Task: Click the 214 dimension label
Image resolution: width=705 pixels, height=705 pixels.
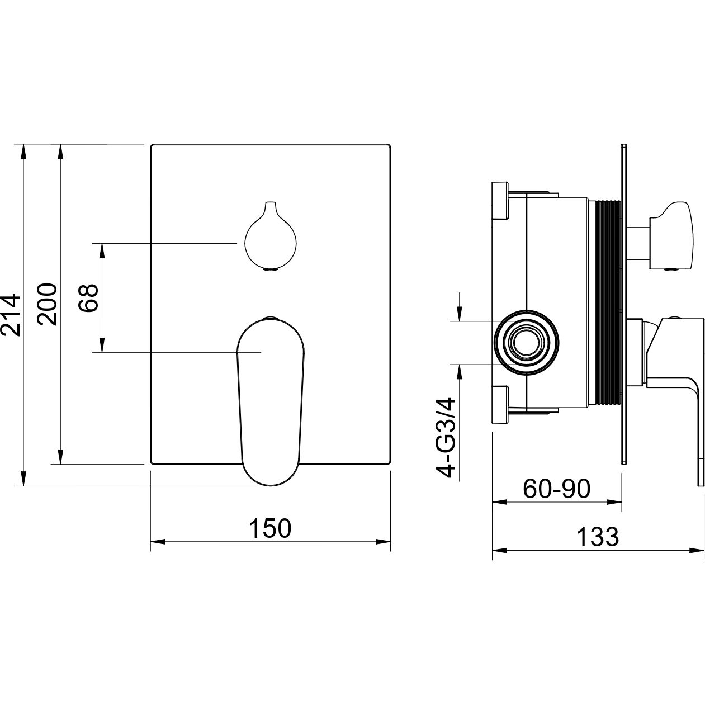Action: (x=11, y=315)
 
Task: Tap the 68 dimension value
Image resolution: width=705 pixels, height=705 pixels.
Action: (x=89, y=297)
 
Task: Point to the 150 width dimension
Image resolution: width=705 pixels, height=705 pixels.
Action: (x=271, y=528)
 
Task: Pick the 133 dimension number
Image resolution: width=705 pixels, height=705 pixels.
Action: (x=598, y=537)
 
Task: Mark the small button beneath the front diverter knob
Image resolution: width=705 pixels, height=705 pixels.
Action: (x=271, y=271)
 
